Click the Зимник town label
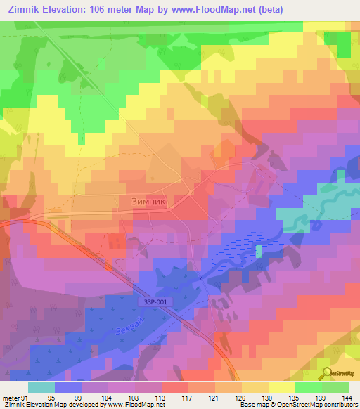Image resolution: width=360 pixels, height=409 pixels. pos(148,201)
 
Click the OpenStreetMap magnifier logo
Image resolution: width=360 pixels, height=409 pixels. pos(327,373)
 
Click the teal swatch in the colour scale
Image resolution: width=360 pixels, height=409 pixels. pos(41,387)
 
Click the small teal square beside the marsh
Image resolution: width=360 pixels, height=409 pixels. pos(259,251)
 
